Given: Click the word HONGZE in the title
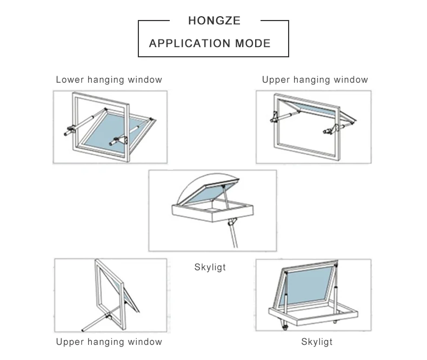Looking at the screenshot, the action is tap(214, 22).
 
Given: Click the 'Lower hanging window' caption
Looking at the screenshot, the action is tap(109, 80).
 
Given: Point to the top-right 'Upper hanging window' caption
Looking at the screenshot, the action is tap(315, 80).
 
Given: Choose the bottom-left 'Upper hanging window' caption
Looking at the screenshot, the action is tap(109, 342).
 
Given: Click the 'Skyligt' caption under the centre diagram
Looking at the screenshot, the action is tap(210, 267).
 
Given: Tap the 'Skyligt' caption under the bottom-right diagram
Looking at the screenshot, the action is tap(316, 342).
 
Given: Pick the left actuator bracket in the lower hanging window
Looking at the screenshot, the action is tap(70, 130).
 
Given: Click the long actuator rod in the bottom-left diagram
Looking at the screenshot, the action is tap(97, 322).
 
